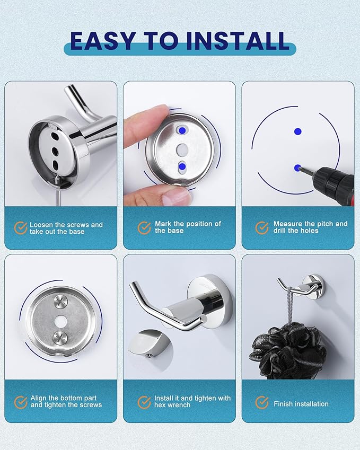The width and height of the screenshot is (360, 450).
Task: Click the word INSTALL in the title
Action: coord(238,40)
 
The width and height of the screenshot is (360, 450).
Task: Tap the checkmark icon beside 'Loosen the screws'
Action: coord(21,228)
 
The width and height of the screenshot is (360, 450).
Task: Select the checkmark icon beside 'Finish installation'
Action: coord(262,403)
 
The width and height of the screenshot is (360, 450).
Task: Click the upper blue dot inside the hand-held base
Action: coord(182,130)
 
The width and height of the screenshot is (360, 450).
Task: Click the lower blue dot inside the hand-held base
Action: coord(182,166)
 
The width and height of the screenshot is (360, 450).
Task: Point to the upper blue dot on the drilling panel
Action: coord(298,131)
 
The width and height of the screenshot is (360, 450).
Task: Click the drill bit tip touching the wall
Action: coord(298,167)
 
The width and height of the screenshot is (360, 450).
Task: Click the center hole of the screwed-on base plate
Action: coord(60,320)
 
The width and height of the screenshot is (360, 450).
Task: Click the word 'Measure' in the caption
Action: coord(288,224)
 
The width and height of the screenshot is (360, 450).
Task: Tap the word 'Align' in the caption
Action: coord(39,399)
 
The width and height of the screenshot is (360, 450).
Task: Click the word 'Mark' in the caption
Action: coord(163,224)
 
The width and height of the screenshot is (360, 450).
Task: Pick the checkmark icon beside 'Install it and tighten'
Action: coord(144,402)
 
